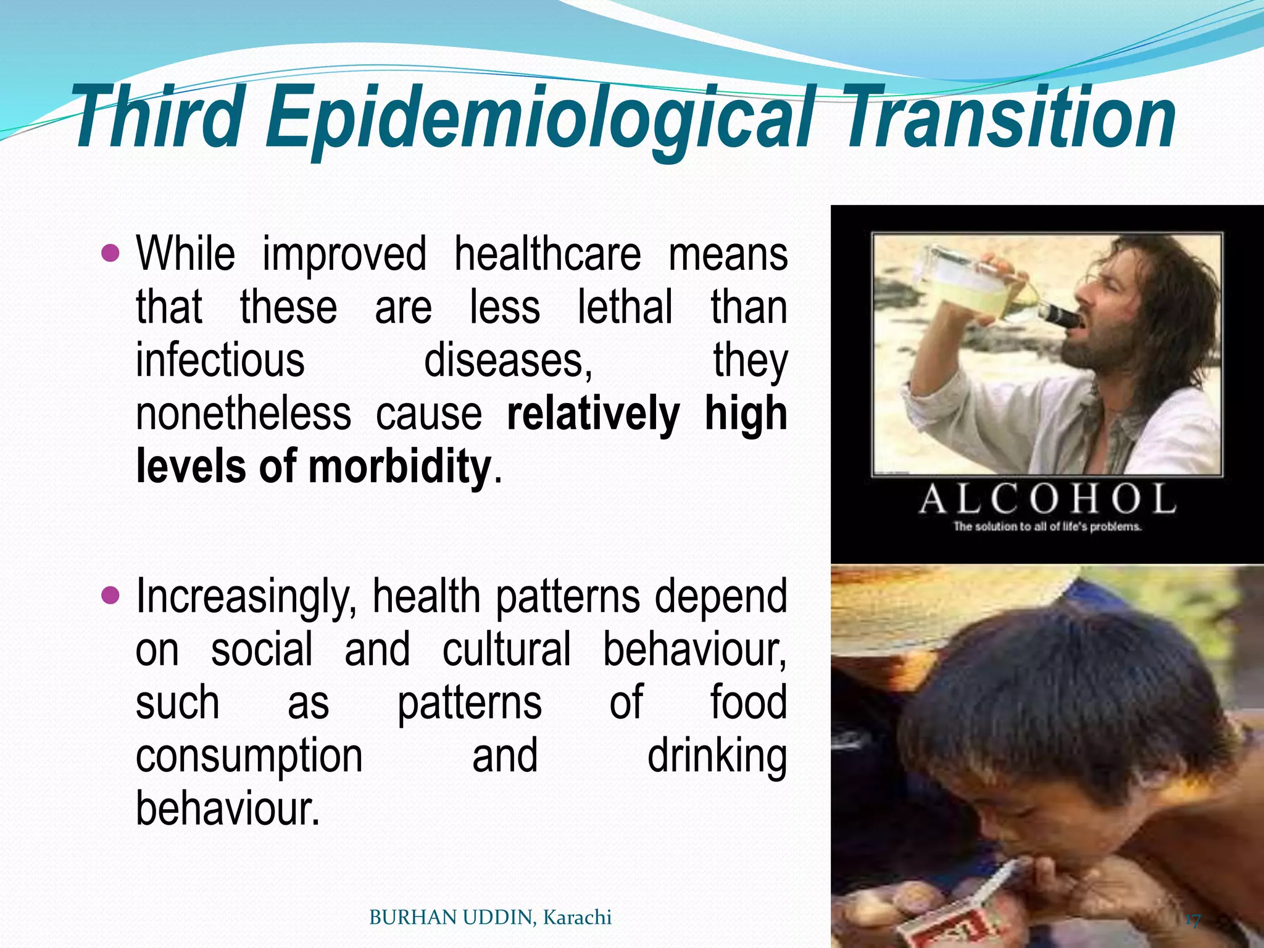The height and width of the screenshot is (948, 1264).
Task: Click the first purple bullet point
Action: tap(110, 252)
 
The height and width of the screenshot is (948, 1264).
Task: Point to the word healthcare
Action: tap(547, 254)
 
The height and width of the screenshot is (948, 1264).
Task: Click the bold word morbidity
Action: tap(399, 467)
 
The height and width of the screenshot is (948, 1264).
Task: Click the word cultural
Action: tap(507, 650)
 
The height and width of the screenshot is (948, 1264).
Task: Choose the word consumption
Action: tap(249, 757)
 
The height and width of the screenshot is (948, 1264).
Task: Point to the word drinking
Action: tap(717, 757)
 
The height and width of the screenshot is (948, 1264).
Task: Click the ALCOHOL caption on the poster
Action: tap(1047, 499)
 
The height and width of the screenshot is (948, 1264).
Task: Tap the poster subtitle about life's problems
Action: tap(1047, 527)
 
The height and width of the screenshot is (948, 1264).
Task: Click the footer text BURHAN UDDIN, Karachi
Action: tap(490, 918)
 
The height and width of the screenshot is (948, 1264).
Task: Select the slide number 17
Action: tap(1192, 921)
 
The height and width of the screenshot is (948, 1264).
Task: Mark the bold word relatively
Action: tap(592, 414)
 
